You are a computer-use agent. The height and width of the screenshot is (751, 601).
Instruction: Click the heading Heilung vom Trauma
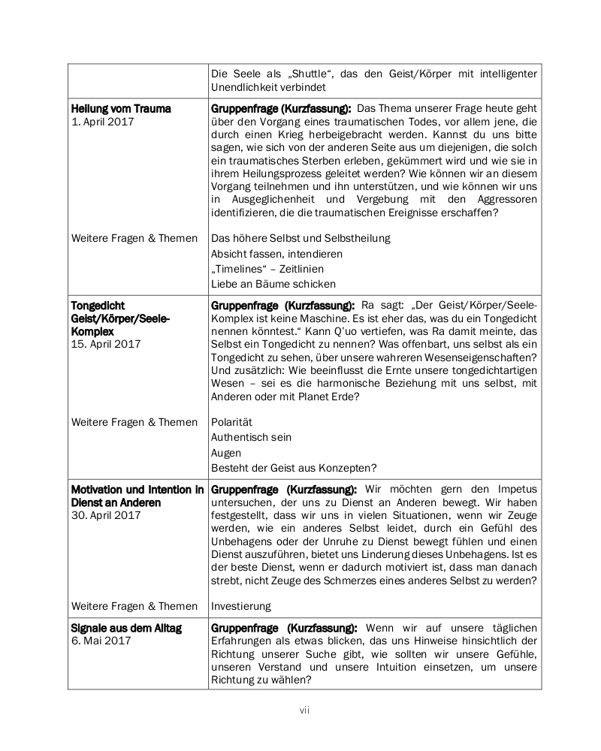coord(121,108)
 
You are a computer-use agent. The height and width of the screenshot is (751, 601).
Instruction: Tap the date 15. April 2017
coord(106,344)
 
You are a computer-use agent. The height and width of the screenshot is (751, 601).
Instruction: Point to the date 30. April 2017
coord(106,515)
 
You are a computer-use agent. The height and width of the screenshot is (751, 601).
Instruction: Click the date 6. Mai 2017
coord(101,641)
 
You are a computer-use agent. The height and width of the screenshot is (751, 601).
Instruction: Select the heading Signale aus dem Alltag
coord(126,627)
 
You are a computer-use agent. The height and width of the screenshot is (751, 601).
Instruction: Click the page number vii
coord(304,710)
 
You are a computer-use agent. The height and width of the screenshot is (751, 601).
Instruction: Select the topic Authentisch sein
coord(251,437)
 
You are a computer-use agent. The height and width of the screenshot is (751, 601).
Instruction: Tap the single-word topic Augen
coord(226,453)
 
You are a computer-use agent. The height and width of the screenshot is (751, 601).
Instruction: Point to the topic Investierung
coord(240,605)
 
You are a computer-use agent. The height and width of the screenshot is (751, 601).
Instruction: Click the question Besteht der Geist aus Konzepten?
coord(294,468)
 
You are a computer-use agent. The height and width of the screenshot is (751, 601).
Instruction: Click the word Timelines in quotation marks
coord(239,269)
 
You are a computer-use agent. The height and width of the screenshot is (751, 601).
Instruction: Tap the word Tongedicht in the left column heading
coord(98,306)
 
